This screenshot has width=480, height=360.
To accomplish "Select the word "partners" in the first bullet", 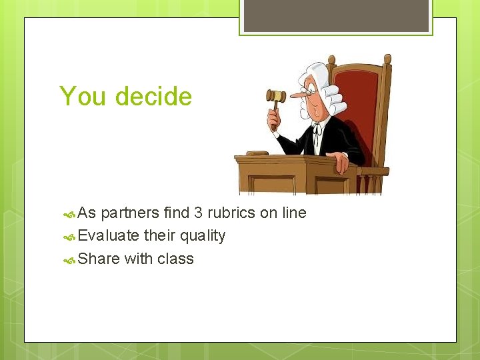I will coord(130,213).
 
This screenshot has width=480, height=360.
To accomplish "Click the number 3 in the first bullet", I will coord(198,213).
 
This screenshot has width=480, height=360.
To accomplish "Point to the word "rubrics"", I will coord(231,213).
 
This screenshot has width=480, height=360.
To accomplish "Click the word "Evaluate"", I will coord(109,236).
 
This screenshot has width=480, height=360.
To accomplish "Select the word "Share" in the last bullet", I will coord(99,259).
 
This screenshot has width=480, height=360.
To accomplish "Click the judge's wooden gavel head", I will coord(276,96).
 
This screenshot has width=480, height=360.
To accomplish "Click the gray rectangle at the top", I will coord(336,15).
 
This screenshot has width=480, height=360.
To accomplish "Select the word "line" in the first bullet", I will coord(293,213).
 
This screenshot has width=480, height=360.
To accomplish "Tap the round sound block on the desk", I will coord(257,153).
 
